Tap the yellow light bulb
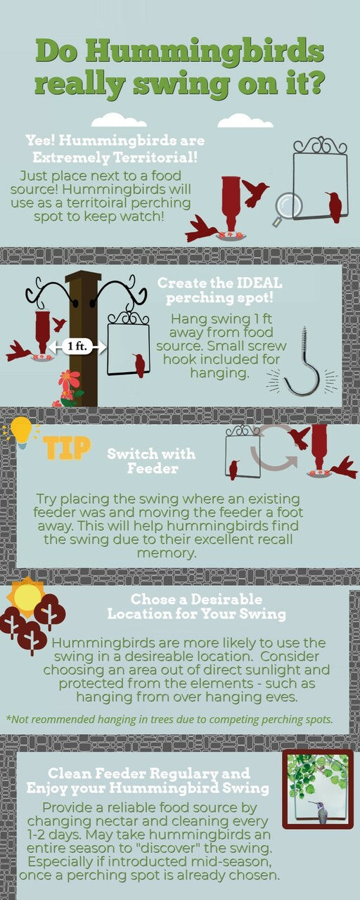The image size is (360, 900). (20, 432)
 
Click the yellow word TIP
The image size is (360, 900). (67, 448)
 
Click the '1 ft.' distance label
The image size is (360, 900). (77, 346)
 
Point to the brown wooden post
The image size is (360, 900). (84, 337)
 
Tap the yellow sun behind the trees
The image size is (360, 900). (27, 596)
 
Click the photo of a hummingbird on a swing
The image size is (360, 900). (318, 789)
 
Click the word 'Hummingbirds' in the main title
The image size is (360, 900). (204, 51)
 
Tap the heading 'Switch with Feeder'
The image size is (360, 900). (152, 461)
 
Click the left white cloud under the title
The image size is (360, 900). (119, 120)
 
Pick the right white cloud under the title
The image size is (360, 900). (245, 120)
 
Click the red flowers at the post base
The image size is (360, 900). (68, 387)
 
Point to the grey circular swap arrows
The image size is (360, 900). (274, 446)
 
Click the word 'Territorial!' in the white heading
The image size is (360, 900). (155, 157)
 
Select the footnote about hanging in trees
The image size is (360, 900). (169, 719)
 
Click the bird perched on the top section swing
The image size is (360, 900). (335, 207)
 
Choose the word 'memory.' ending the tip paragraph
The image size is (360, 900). (167, 553)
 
